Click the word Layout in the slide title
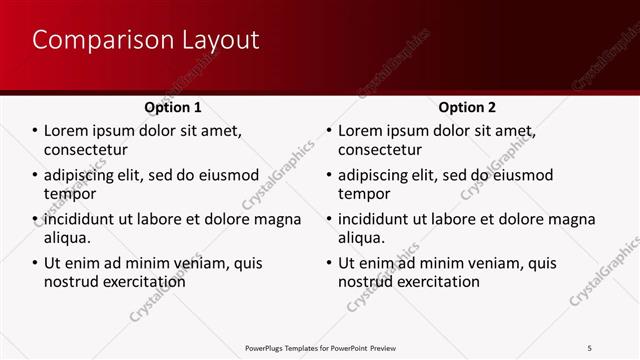pos(220,40)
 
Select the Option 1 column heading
pos(173,107)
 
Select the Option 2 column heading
pos(467,107)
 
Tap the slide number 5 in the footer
pos(590,348)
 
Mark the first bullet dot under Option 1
pos(35,131)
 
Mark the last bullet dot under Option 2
pos(329,264)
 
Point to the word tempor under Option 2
pos(364,194)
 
